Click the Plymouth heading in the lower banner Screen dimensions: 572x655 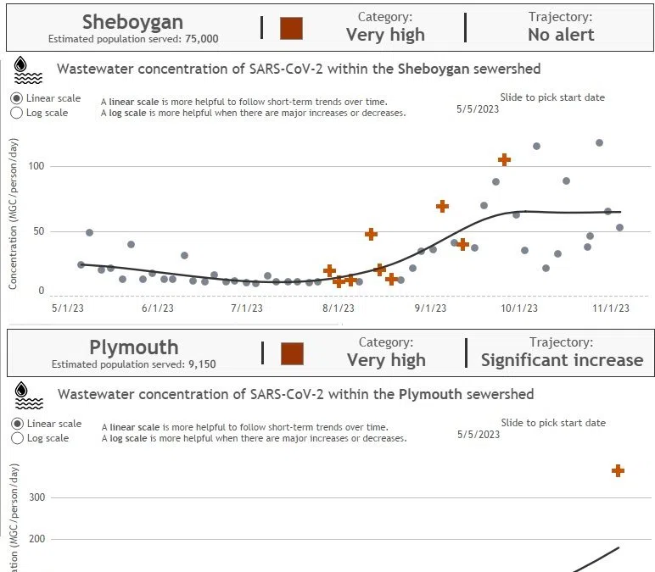[133, 347]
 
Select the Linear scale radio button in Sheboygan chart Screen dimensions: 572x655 [17, 98]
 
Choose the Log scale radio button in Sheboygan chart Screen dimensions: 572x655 [17, 113]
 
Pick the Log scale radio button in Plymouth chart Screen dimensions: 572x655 [17, 438]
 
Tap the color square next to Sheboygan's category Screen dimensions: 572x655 [291, 28]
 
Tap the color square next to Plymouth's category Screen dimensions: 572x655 [292, 353]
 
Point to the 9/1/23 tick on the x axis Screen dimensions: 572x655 [430, 308]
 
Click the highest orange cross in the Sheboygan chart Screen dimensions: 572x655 [504, 159]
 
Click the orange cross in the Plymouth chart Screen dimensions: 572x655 [618, 470]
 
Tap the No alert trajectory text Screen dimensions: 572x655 [561, 35]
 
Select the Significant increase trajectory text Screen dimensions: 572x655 [562, 360]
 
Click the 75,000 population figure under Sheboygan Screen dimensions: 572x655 [201, 39]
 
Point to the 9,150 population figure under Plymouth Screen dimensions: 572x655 [201, 365]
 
